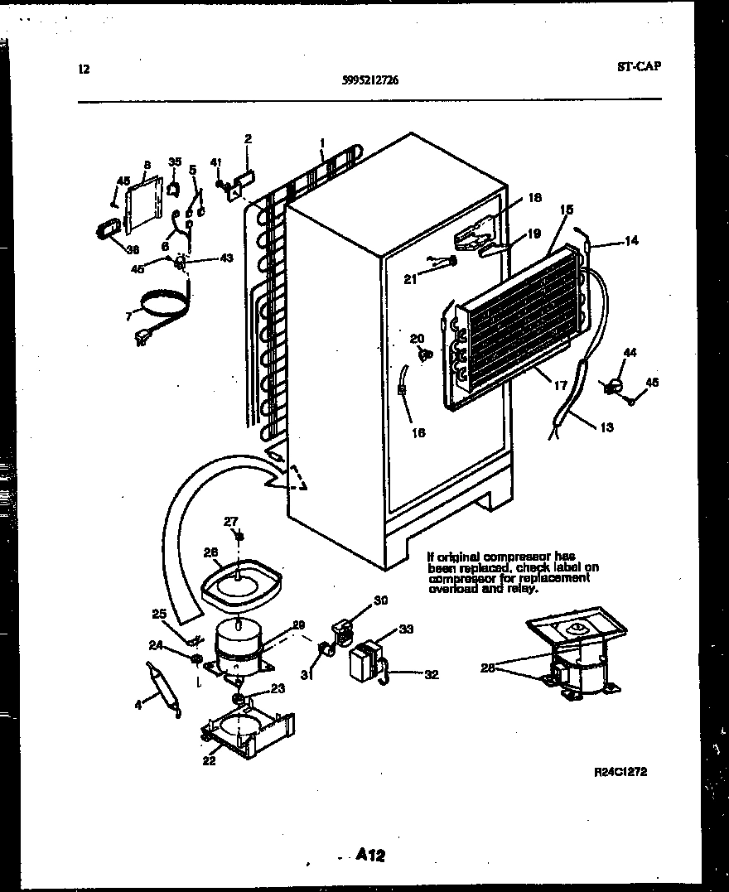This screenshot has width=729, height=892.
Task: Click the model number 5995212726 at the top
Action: pyautogui.click(x=374, y=80)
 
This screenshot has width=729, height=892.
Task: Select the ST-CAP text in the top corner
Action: pyautogui.click(x=638, y=67)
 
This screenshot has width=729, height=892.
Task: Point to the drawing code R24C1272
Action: pyautogui.click(x=620, y=772)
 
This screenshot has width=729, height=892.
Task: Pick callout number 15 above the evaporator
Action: pyautogui.click(x=567, y=210)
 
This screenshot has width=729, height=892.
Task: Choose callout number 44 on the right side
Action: pyautogui.click(x=630, y=353)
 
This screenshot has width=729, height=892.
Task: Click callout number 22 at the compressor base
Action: pyautogui.click(x=209, y=760)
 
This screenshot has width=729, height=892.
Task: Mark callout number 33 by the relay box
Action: pyautogui.click(x=406, y=629)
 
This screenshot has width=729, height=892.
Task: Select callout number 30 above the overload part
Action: pyautogui.click(x=381, y=601)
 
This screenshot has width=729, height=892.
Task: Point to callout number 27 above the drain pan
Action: pyautogui.click(x=231, y=521)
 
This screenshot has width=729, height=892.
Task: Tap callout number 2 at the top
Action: pyautogui.click(x=248, y=138)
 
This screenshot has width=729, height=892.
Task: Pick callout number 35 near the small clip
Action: pyautogui.click(x=175, y=161)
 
